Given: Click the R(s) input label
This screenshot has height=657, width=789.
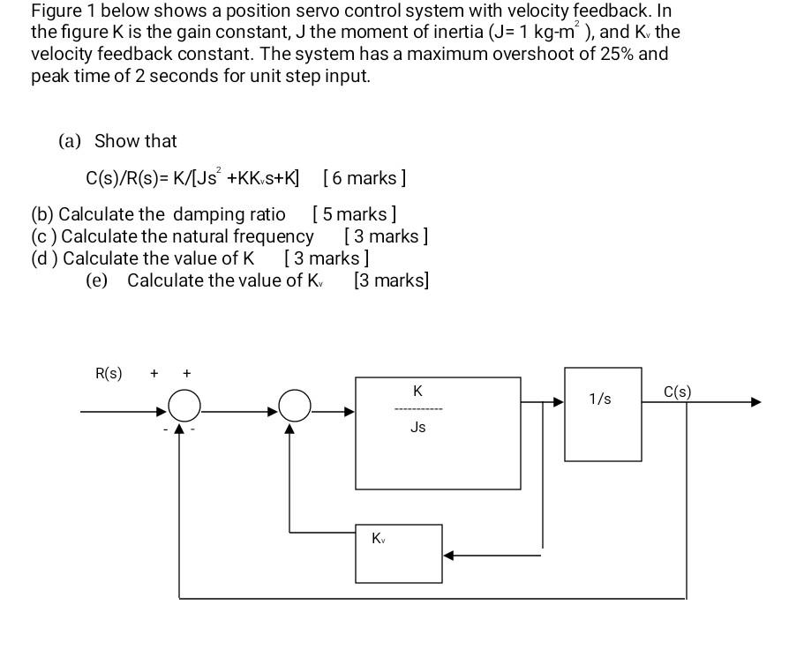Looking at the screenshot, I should coord(109,373).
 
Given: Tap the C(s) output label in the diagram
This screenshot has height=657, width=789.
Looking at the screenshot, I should coord(677,392).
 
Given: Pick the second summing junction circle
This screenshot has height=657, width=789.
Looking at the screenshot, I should coord(295,407).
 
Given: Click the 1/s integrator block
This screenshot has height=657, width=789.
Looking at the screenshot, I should coord(603,414).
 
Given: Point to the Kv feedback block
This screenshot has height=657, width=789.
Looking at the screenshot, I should coord(398,553).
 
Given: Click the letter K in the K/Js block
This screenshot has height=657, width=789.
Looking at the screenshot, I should coord(417,390).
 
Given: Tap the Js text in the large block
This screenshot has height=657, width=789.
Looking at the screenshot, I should coord(417,427).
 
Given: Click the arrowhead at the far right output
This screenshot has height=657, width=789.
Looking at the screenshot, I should coord(755,402).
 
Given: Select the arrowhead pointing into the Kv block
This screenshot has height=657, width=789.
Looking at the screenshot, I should coord(448,556).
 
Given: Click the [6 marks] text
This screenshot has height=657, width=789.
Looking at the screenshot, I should coord(364,178).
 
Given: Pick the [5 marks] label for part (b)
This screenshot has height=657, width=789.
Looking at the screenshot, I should coord(354,214).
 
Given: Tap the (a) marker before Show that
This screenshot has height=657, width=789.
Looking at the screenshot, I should coord(70,141).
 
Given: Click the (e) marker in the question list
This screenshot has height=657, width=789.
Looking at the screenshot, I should coord(96,280).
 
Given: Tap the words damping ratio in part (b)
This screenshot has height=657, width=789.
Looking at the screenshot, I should coord(229,214).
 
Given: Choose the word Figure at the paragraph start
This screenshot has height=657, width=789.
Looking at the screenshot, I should coord(55,11).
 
